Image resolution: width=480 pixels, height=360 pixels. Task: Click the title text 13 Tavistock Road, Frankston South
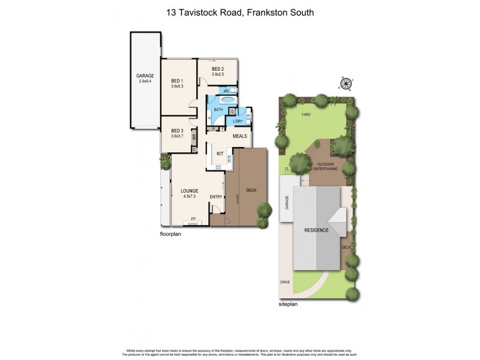(240, 12)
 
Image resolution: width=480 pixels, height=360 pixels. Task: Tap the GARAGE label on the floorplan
(146, 76)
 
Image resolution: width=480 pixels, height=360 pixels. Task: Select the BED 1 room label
(176, 81)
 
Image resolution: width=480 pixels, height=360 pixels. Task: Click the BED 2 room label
(218, 69)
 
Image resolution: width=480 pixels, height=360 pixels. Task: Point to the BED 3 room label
(176, 131)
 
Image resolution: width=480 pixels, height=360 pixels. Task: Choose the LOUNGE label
(190, 191)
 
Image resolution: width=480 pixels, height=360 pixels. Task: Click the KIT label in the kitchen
(220, 154)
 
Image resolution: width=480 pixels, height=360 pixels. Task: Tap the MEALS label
(240, 136)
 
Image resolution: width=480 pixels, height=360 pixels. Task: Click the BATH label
(218, 109)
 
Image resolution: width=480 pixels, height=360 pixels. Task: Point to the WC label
(227, 91)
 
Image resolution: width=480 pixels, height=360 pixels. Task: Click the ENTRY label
(216, 197)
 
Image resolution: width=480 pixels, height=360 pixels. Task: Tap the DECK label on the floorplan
(252, 191)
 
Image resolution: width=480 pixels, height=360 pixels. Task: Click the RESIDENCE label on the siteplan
(316, 230)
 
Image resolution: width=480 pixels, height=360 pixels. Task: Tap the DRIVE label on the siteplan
(284, 281)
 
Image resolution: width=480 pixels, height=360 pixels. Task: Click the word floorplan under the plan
(170, 234)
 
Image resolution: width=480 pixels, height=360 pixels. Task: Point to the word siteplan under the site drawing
(289, 304)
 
